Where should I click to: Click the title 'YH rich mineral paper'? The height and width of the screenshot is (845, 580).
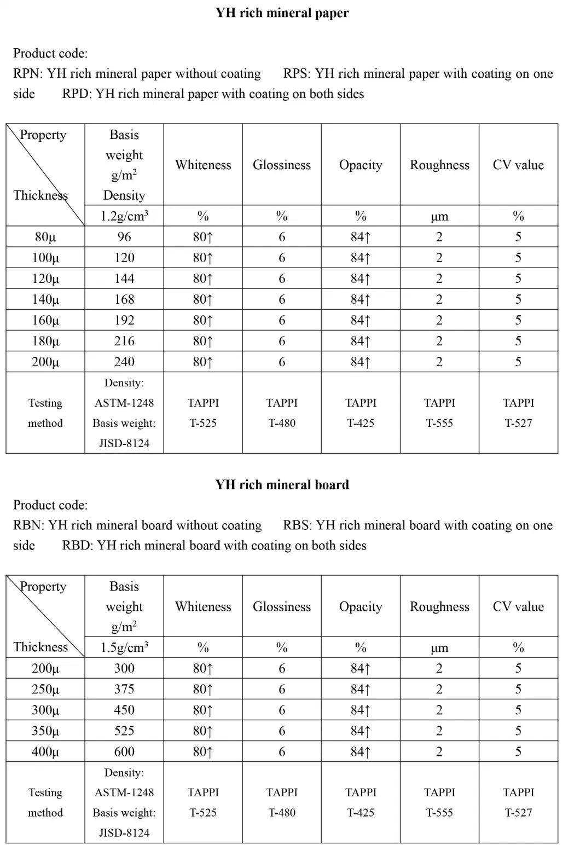tap(282, 13)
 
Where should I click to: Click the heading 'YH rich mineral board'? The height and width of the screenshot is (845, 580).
tap(282, 484)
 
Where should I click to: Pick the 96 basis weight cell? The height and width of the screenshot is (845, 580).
tap(124, 237)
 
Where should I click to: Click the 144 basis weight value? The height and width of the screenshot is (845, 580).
tap(124, 279)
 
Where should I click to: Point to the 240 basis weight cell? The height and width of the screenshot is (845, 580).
tap(124, 362)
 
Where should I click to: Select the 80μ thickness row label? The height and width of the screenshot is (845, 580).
tap(45, 237)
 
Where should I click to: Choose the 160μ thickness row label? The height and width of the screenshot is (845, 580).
tap(45, 320)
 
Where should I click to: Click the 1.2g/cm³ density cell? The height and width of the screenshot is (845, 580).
tap(124, 216)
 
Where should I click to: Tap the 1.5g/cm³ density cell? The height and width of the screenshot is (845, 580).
tap(124, 647)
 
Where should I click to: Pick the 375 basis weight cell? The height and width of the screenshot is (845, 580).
tap(124, 689)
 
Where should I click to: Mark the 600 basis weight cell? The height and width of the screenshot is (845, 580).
tap(124, 751)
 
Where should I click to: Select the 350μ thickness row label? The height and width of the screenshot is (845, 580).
tap(45, 731)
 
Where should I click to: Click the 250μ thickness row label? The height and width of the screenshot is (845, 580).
tap(45, 689)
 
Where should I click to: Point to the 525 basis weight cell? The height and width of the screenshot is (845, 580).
tap(124, 731)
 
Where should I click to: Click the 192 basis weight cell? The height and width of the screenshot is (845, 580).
tap(124, 320)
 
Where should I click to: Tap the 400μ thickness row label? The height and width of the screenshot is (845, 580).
tap(45, 751)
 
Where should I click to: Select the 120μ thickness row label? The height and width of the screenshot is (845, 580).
tap(45, 279)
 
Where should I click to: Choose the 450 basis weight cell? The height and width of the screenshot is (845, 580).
tap(124, 710)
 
